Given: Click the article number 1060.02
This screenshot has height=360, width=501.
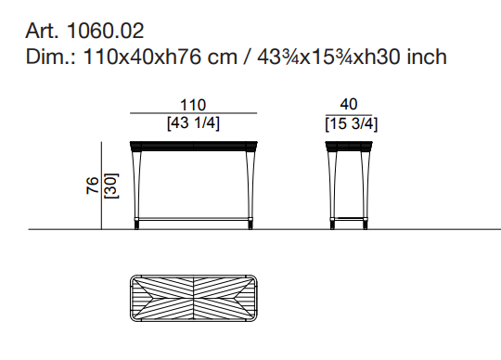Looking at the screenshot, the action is pyautogui.click(x=106, y=31).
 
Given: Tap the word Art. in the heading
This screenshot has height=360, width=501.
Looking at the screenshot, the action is pyautogui.click(x=42, y=31).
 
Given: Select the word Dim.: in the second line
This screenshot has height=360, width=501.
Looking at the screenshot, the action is pyautogui.click(x=50, y=57).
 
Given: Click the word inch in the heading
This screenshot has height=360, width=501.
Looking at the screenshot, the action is pyautogui.click(x=427, y=57).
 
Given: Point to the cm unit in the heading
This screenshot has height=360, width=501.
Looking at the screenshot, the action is pyautogui.click(x=223, y=59).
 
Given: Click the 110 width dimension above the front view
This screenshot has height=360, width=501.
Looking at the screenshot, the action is pyautogui.click(x=193, y=105).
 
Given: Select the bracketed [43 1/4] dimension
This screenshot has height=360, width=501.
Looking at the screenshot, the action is pyautogui.click(x=193, y=123).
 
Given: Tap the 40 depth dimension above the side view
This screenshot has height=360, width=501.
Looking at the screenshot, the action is pyautogui.click(x=349, y=104).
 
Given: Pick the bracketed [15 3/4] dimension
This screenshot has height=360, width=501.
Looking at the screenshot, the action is pyautogui.click(x=351, y=124).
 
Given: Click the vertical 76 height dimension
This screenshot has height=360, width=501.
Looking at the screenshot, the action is pyautogui.click(x=93, y=185).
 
